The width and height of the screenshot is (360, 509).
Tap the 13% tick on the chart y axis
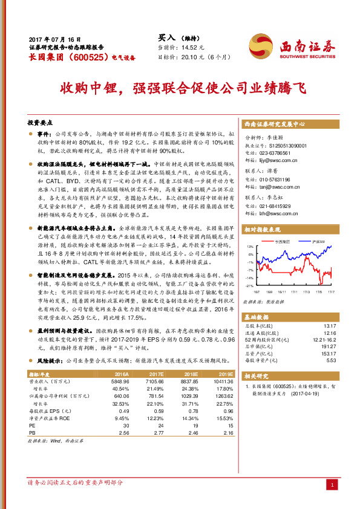pos(250,247)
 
